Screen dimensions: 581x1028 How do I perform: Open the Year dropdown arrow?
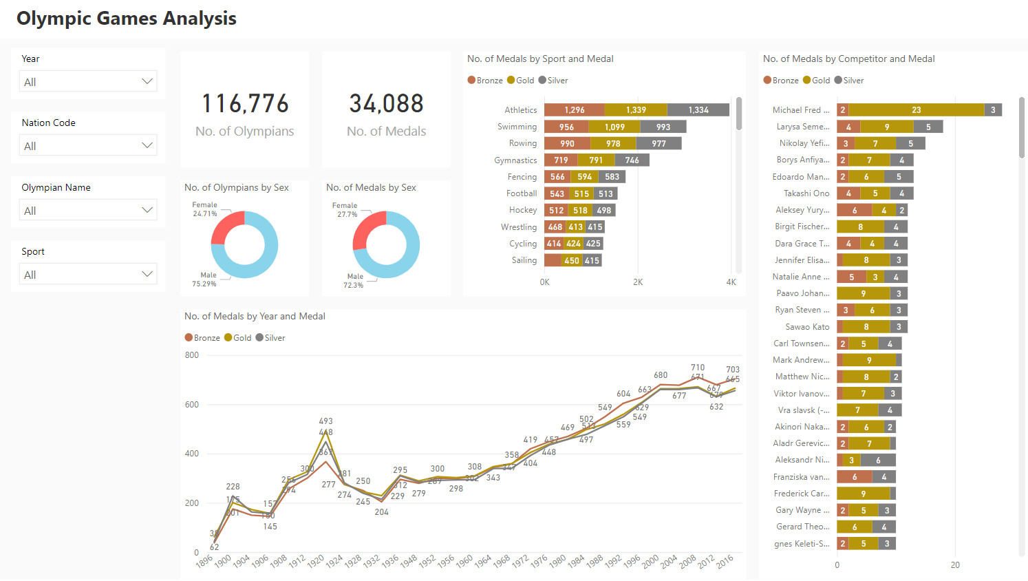pyautogui.click(x=147, y=81)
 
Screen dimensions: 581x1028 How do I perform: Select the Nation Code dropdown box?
pyautogui.click(x=88, y=145)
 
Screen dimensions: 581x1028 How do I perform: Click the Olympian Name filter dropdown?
pyautogui.click(x=88, y=210)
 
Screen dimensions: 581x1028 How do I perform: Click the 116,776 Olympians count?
pyautogui.click(x=245, y=104)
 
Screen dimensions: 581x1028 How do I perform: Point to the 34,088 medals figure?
pyautogui.click(x=386, y=104)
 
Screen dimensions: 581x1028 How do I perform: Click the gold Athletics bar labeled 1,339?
pyautogui.click(x=636, y=110)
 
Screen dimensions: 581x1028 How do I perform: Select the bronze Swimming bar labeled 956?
pyautogui.click(x=566, y=127)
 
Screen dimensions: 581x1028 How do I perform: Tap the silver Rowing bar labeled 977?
pyautogui.click(x=658, y=143)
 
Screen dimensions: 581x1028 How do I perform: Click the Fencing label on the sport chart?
pyautogui.click(x=522, y=177)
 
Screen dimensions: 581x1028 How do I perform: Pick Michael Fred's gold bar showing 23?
pyautogui.click(x=916, y=110)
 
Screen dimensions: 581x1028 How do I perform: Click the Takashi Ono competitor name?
pyautogui.click(x=806, y=193)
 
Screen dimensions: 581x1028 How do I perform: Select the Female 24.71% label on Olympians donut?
pyautogui.click(x=204, y=209)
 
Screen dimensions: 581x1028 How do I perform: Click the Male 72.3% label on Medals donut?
pyautogui.click(x=354, y=280)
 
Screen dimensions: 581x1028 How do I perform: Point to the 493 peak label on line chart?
pyautogui.click(x=325, y=421)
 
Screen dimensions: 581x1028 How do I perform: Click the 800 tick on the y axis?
pyautogui.click(x=192, y=355)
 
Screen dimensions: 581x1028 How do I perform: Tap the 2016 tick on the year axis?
pyautogui.click(x=725, y=561)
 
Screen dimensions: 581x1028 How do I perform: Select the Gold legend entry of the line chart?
pyautogui.click(x=238, y=338)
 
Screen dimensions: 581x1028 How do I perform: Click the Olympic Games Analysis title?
pyautogui.click(x=127, y=19)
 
